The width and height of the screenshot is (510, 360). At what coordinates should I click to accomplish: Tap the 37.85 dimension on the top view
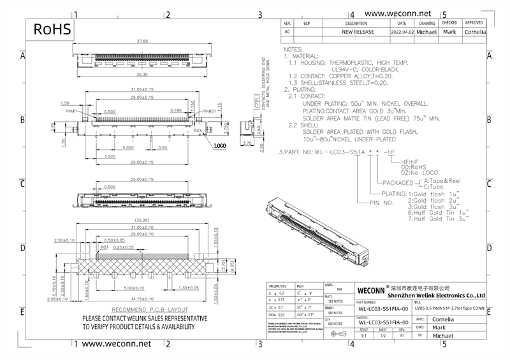(143, 41)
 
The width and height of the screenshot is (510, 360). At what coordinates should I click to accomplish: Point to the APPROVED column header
(474, 23)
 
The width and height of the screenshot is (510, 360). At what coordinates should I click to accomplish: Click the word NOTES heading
(293, 49)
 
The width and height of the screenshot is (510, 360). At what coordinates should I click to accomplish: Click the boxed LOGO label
(220, 146)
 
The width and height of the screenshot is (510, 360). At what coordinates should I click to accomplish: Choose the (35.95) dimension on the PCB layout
(142, 220)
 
